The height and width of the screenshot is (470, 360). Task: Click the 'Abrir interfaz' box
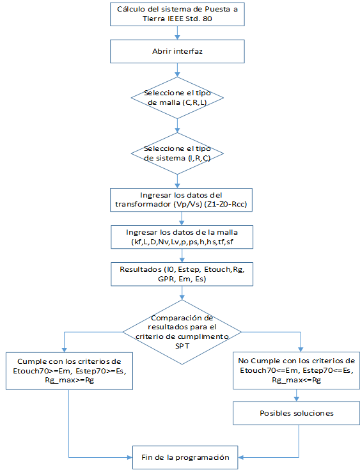177,51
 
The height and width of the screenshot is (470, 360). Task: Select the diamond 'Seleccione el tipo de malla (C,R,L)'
177,98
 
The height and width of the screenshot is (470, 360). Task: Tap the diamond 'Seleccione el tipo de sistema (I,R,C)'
177,153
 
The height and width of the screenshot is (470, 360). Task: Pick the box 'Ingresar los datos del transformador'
181,200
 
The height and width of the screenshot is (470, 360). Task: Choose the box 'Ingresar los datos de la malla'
182,237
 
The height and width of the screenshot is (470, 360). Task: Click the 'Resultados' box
182,274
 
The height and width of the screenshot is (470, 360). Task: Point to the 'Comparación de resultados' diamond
182,332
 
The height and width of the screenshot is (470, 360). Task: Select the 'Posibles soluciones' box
296,413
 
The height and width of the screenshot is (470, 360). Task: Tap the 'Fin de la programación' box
185,457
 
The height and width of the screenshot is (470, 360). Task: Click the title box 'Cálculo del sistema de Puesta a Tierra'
177,14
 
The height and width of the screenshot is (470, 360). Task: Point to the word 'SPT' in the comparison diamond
182,346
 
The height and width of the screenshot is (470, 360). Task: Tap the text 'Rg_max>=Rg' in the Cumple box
69,380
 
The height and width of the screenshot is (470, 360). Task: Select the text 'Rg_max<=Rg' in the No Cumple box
296,380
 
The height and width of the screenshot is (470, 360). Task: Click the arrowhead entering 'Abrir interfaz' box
177,37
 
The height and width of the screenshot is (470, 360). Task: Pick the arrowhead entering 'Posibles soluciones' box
297,398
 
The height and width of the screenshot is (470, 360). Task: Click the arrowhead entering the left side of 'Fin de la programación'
130,457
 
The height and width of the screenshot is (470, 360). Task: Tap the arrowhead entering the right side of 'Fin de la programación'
240,457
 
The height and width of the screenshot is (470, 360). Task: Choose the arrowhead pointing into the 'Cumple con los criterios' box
64,350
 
